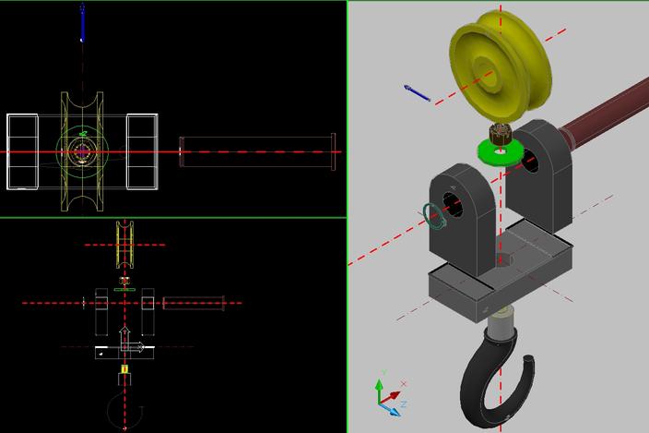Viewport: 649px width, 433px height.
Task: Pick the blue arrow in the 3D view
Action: point(417,92)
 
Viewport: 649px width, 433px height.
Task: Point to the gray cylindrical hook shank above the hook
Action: point(500,323)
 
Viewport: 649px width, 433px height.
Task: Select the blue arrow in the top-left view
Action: point(82,24)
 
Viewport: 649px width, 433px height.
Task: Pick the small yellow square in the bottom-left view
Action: point(124,369)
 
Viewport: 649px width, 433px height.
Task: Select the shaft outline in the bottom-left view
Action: point(194,303)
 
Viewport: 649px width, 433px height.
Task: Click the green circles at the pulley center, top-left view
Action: point(82,148)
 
